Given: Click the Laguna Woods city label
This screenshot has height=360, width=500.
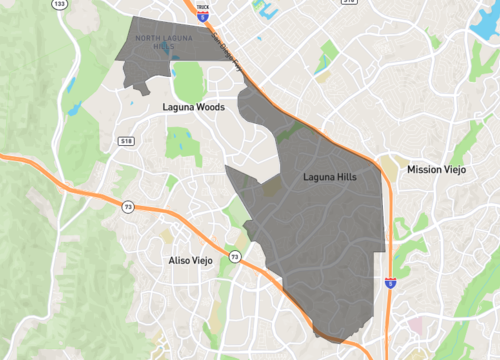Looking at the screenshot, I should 191,104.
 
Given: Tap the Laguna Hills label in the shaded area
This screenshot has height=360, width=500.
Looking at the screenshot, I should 331,177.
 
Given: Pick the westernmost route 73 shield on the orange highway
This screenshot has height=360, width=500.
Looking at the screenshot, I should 127,206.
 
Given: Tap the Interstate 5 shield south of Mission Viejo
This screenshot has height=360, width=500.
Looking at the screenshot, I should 390,283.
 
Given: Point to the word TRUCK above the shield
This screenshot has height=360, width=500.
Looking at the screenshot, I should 203,6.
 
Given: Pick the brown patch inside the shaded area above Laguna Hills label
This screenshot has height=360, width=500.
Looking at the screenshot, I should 271,185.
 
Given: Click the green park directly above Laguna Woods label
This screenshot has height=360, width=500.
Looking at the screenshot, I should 184,76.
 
